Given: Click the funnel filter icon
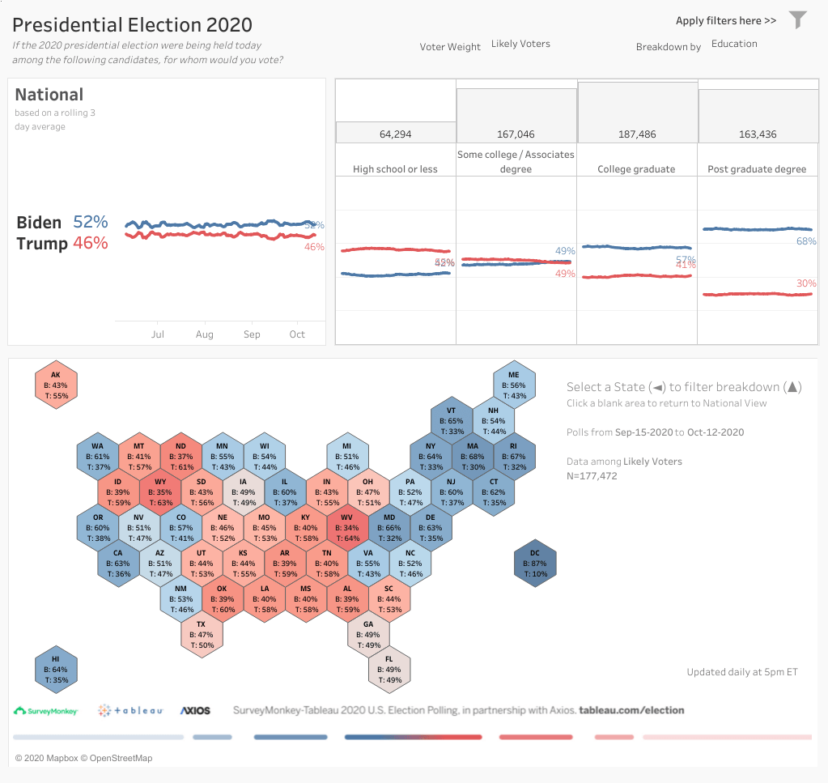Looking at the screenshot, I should (x=798, y=19).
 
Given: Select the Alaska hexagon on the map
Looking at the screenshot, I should (x=56, y=385).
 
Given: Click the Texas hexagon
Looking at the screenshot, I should (x=202, y=634).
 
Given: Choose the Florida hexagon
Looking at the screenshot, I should (x=389, y=670).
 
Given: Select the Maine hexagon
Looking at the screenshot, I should (x=514, y=385).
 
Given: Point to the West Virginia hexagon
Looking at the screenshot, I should (x=347, y=527).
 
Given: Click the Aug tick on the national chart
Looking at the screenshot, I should (x=205, y=334).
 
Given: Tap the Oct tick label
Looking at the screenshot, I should (x=297, y=334).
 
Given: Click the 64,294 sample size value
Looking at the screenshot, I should (x=396, y=134).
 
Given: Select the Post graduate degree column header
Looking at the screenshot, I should (x=757, y=169).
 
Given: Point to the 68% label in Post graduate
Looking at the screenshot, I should (x=806, y=241).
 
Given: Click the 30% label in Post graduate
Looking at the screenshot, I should (x=806, y=283).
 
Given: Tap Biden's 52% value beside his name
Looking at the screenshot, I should (x=91, y=222).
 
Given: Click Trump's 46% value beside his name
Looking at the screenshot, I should (x=91, y=243).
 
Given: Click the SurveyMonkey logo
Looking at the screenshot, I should (x=46, y=711).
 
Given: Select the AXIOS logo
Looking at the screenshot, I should (x=195, y=711).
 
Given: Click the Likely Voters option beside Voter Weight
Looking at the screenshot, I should (x=520, y=44).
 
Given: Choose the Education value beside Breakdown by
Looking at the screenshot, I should (x=734, y=44).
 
